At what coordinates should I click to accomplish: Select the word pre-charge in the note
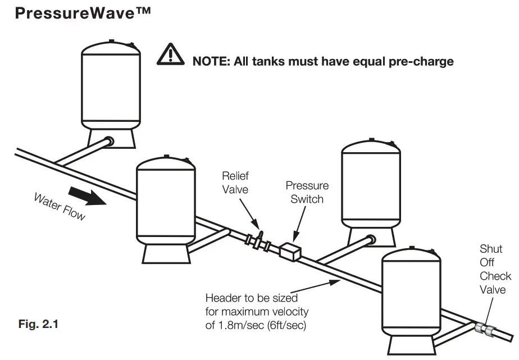click(x=420, y=61)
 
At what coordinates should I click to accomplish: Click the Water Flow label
click(x=60, y=206)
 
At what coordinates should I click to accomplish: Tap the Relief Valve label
click(x=235, y=183)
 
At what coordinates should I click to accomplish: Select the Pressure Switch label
click(x=307, y=192)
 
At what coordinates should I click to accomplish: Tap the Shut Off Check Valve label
click(x=495, y=269)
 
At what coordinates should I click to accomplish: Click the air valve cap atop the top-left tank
click(x=112, y=40)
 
